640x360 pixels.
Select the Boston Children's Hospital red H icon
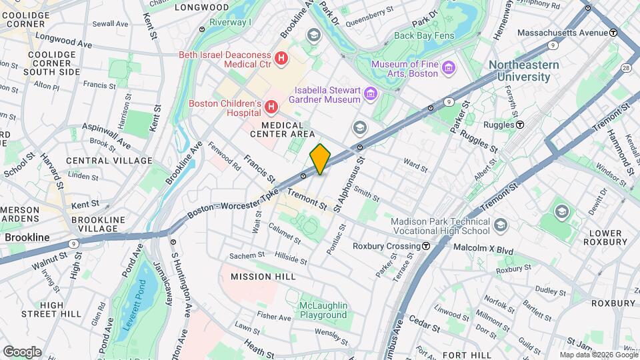[x=271, y=107]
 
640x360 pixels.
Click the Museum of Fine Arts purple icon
[x=449, y=68]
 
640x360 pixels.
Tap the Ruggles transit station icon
[x=520, y=125]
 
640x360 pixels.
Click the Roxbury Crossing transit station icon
[x=425, y=245]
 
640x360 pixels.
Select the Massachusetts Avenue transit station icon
[x=613, y=32]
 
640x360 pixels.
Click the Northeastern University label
[x=523, y=71]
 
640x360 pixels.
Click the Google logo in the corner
[x=21, y=351]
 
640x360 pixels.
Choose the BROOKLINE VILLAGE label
[x=98, y=224]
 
